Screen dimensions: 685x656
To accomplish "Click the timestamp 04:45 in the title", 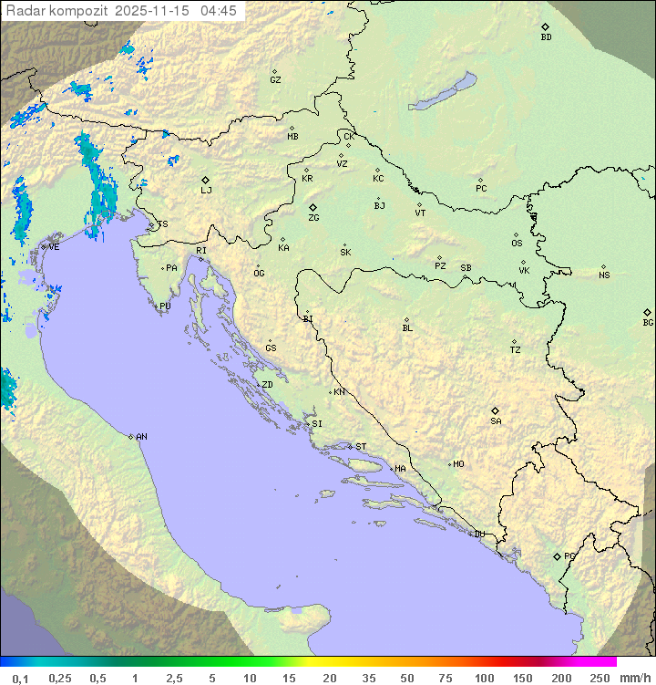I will coord(218,11).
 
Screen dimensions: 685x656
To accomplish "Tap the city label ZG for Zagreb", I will coord(313,218).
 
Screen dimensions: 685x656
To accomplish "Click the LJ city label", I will coord(206,190).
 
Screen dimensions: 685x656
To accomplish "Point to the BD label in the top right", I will coord(546,37).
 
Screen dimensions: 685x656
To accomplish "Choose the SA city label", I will coord(496,420).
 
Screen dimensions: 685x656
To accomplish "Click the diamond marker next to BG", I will coord(648,312).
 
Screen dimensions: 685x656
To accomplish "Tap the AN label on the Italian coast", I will coord(141,437).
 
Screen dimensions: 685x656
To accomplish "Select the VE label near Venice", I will coord(54,247).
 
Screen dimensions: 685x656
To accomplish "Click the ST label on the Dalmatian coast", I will coord(361,447).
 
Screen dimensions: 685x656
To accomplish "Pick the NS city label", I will coord(604,275).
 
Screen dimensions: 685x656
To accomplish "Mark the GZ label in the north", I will coord(275,79).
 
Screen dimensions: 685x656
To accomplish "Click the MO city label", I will coord(458,464).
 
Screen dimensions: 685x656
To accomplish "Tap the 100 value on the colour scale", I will coord(484,678).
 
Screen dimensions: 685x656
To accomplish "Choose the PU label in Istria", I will coord(165,306).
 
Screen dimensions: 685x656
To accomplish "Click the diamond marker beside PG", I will coord(557,555).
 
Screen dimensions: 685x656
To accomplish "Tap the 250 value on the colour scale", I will coord(600,678).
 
